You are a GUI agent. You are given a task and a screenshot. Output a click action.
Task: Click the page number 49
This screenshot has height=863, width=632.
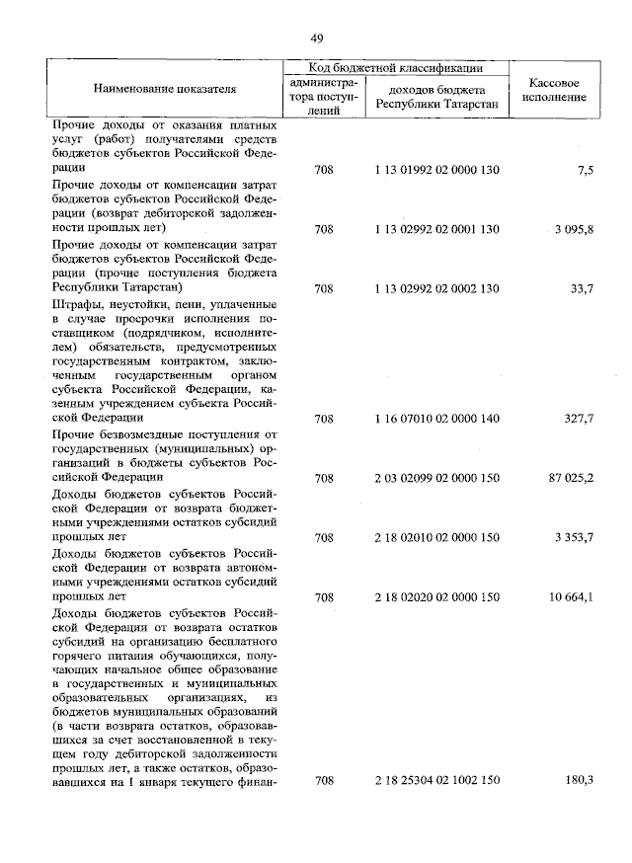[317, 39]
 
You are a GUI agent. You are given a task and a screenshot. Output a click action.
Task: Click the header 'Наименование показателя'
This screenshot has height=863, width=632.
[165, 89]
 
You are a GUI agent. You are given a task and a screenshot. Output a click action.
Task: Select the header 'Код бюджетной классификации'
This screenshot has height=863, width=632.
[395, 68]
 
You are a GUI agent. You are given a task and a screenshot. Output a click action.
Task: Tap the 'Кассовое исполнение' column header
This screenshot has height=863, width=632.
[554, 90]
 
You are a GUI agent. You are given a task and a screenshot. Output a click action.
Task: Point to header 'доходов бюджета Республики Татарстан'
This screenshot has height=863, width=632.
[436, 97]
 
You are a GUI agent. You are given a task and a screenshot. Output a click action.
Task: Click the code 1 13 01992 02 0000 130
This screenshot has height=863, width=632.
[437, 170]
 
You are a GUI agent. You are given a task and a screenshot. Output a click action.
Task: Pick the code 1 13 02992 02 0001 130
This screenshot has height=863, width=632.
[437, 229]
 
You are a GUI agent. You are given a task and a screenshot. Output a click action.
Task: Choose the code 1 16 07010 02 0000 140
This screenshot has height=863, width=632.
[437, 419]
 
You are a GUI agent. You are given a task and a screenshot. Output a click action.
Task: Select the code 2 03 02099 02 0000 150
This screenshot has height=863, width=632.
[437, 478]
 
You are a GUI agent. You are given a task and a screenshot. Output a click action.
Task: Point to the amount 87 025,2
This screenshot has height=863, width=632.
[571, 478]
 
